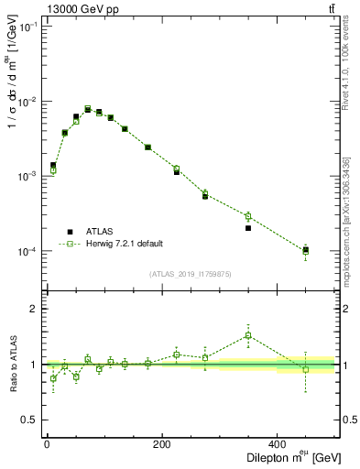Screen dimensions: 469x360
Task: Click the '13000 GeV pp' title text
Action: point(77,9)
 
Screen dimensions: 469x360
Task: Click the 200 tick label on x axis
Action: point(162,442)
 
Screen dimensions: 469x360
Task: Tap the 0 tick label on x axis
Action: point(47,442)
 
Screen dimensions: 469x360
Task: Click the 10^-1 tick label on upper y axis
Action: point(28,27)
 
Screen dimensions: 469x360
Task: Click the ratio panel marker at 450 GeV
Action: point(306,369)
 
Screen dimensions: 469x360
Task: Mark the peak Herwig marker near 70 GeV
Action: point(88,109)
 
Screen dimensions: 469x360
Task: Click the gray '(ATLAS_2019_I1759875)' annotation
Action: point(190,273)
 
